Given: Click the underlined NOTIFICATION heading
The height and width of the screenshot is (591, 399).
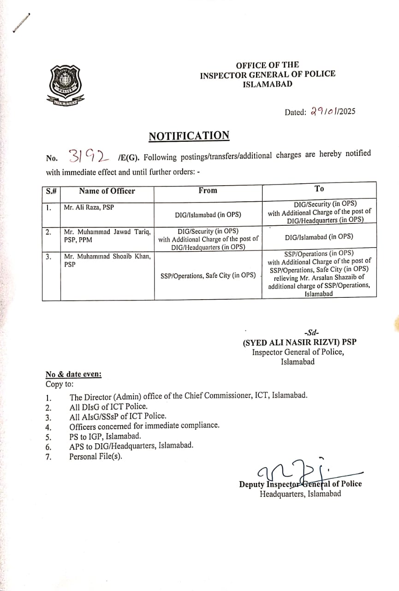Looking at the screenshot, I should point(189,136).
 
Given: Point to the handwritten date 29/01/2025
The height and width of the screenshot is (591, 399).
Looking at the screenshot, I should point(333,111).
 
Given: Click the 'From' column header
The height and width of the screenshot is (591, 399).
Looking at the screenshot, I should point(208,190).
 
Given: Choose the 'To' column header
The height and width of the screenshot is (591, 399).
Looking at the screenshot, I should point(319,188).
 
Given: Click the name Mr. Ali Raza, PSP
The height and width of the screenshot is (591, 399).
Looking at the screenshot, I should point(89,207).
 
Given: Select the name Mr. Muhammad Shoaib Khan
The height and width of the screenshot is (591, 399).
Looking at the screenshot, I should point(107,256).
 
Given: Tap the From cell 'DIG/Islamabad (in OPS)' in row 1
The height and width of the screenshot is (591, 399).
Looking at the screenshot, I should point(208,214).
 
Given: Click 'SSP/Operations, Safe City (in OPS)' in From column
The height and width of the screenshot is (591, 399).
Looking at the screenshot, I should point(208,275).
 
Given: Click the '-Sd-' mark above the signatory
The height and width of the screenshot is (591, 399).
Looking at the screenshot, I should point(299,332).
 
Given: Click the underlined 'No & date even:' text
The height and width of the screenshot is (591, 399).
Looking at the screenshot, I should point(73,374).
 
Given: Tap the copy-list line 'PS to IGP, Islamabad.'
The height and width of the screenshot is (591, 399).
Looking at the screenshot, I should point(105,436).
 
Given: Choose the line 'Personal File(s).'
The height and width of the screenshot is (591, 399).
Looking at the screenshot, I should point(96,457).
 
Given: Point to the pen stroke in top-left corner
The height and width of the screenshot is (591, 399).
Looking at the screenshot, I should point(21,22).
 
